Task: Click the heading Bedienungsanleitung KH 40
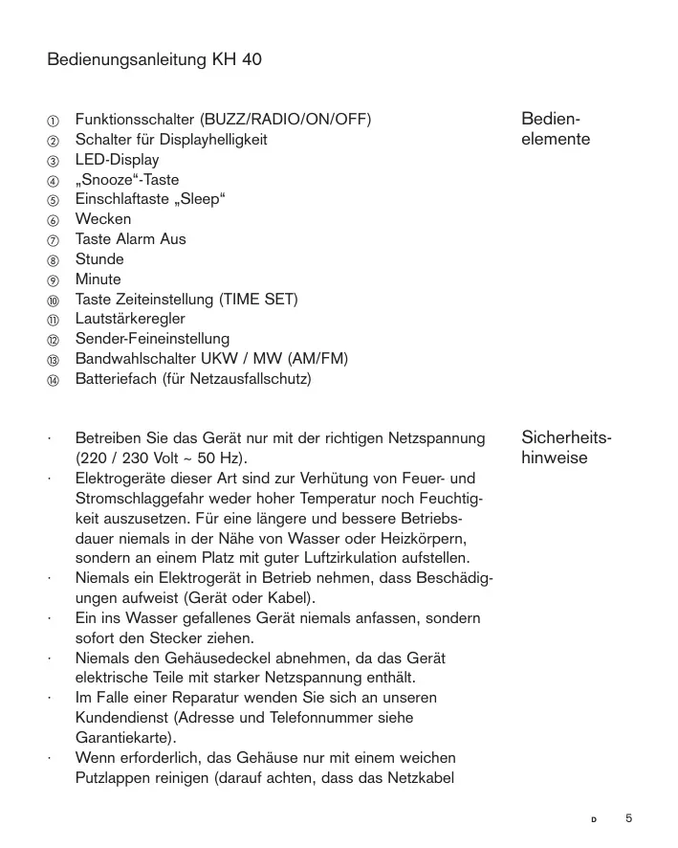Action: [154, 60]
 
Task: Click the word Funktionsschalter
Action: [134, 120]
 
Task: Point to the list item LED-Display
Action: [117, 160]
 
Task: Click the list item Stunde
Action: [99, 259]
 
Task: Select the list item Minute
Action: [98, 279]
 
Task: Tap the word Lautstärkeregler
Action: [130, 319]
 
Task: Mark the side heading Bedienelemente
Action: [556, 129]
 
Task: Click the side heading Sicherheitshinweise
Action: [566, 448]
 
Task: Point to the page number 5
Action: [628, 818]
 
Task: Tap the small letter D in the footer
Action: [593, 820]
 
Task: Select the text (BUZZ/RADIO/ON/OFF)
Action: [285, 120]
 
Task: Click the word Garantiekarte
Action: [124, 737]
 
